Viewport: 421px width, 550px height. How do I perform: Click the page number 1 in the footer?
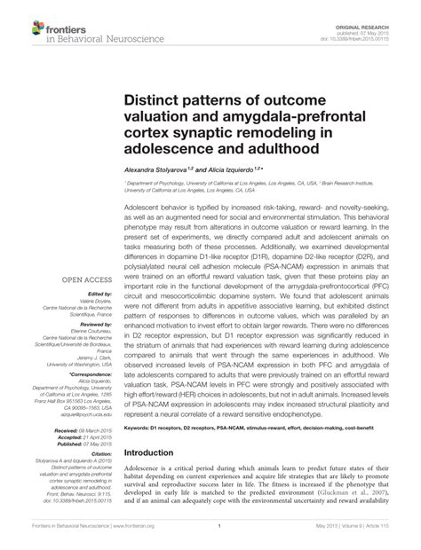pos(218,538)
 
